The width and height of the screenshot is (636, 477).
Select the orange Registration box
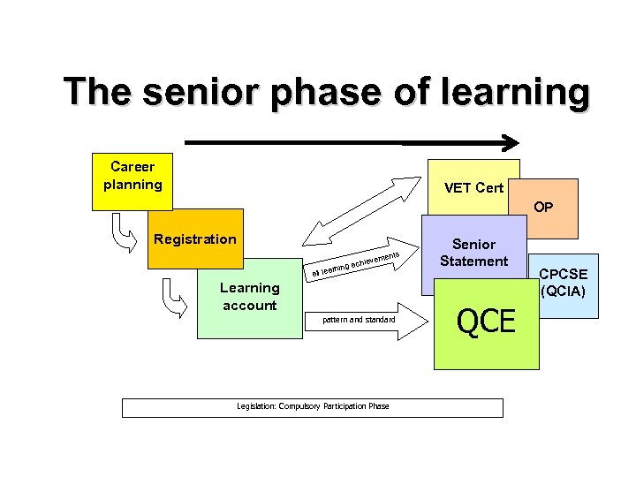click(x=195, y=239)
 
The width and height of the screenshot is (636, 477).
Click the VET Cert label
click(x=473, y=187)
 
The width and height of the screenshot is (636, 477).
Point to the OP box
click(x=543, y=208)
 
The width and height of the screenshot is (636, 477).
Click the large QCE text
click(x=486, y=322)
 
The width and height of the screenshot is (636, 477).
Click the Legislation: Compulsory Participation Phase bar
click(x=312, y=407)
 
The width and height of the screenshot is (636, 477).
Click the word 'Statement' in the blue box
click(x=474, y=261)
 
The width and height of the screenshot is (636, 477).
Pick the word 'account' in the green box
click(x=249, y=306)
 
